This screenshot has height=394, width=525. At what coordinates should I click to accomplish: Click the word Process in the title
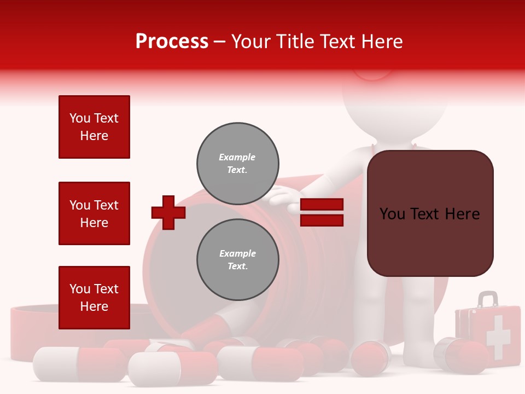172,42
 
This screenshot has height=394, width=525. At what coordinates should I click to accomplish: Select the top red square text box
94,127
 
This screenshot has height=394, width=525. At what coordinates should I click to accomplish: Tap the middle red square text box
94,213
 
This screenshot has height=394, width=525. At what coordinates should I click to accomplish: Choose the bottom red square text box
94,297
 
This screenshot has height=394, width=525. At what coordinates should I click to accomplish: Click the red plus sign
168,212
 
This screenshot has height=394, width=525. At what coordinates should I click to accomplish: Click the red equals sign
322,212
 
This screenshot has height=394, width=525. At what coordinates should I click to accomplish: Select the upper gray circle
237,163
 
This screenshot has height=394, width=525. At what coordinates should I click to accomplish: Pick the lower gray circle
237,259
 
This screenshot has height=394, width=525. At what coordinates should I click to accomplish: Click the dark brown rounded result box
430,213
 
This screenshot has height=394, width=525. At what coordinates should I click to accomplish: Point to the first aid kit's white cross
497,337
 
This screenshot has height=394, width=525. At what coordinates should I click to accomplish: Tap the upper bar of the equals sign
322,205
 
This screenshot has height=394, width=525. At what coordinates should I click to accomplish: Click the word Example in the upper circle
237,157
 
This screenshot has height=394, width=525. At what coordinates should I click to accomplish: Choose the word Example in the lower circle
237,253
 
